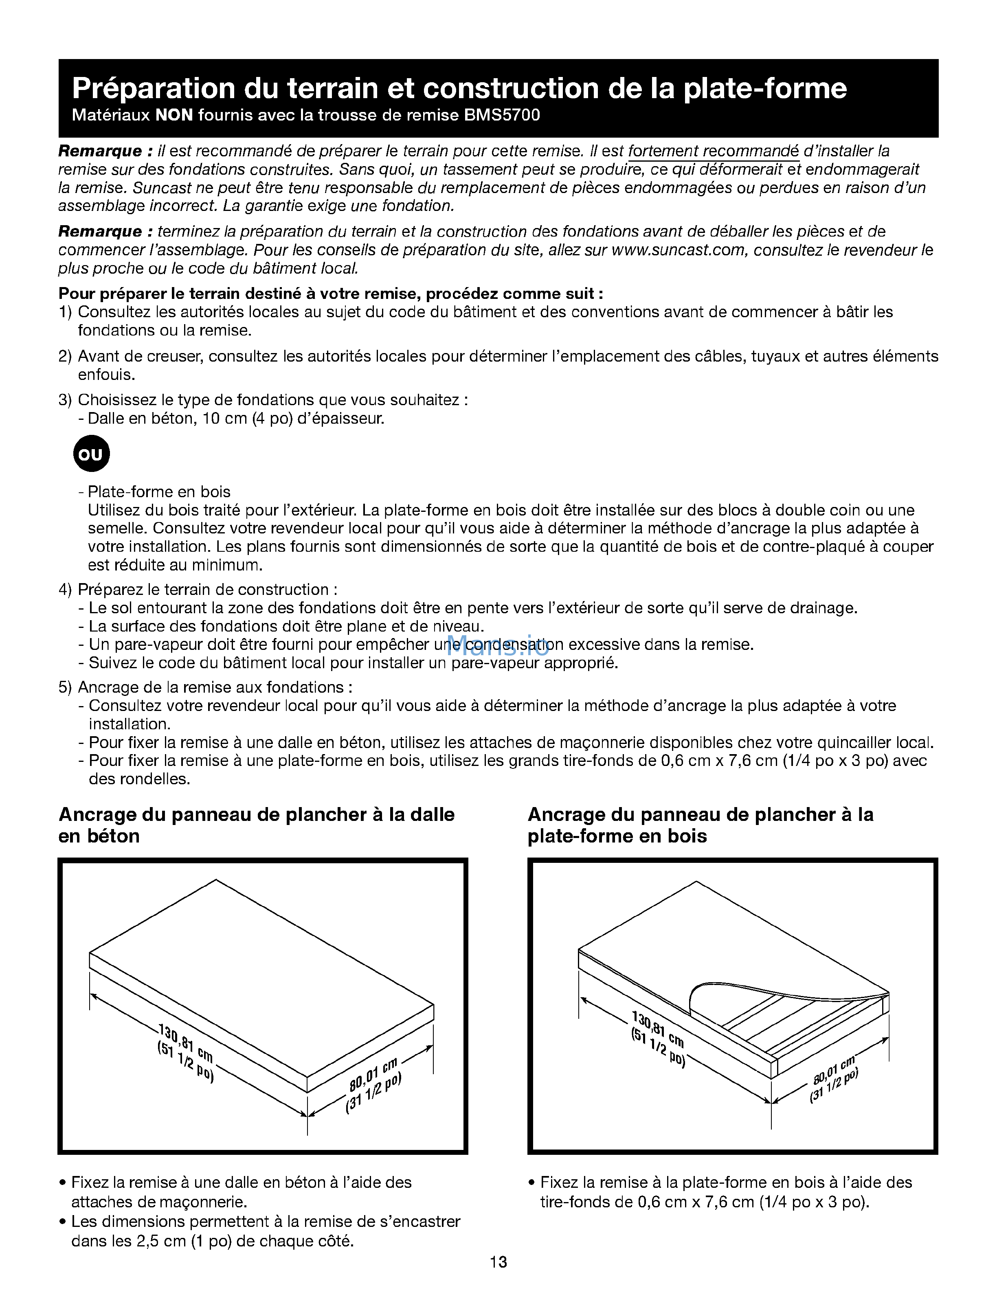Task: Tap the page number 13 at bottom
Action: click(x=498, y=1262)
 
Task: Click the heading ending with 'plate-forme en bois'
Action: click(x=700, y=825)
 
